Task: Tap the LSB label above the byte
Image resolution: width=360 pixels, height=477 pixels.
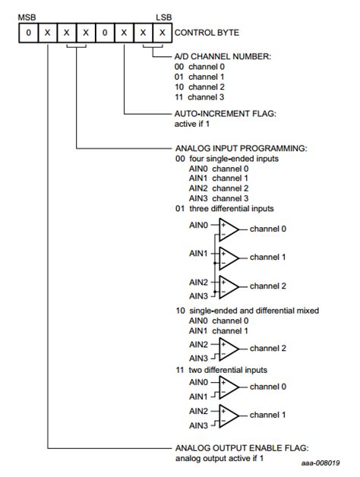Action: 163,16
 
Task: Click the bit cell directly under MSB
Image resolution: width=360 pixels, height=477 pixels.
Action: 27,33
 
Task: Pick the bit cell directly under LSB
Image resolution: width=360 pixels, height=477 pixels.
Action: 161,33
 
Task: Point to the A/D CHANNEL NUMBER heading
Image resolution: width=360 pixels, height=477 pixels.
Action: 219,55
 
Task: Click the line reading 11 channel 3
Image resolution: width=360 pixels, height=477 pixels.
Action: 201,98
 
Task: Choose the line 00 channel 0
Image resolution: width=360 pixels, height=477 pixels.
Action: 201,66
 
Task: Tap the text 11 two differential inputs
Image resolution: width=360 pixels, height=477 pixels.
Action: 221,370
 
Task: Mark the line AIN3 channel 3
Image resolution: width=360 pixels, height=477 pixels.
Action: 219,198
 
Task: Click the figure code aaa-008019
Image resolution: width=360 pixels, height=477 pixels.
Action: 320,464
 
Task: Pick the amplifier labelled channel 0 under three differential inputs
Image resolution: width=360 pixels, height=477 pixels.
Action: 229,229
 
